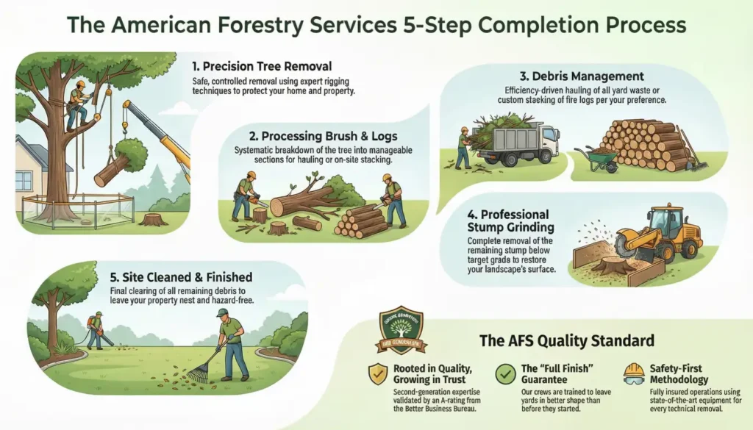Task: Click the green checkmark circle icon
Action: (506, 373)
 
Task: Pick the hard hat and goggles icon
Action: (632, 373)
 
